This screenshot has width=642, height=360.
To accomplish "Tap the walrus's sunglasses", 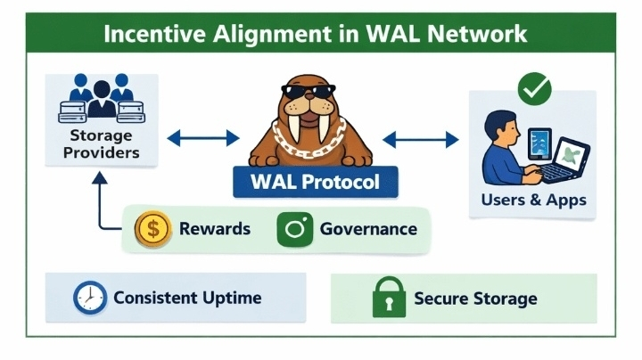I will click(x=307, y=91).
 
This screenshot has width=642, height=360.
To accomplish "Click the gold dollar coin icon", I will click(x=152, y=229).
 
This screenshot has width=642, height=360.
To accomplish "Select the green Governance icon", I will click(x=295, y=229).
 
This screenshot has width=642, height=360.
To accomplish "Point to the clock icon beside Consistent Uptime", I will click(x=89, y=297).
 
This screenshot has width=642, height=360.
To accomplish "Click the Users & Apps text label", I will click(x=533, y=200).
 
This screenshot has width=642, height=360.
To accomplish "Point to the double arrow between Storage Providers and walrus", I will click(x=203, y=137).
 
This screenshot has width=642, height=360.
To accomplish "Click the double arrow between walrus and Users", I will click(x=421, y=137).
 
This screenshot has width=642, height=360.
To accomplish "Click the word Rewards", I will click(x=215, y=229).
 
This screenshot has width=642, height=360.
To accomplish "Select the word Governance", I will click(x=368, y=229).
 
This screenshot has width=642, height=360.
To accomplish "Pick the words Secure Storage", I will click(x=475, y=299).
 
